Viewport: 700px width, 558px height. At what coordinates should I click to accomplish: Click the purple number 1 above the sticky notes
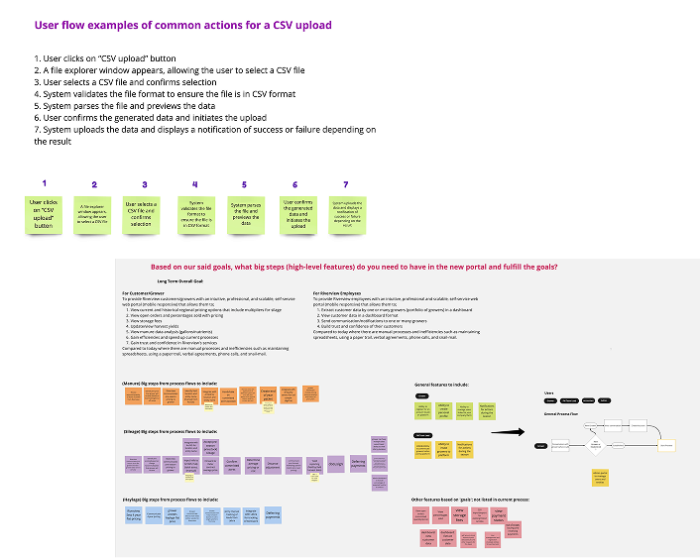click(x=45, y=183)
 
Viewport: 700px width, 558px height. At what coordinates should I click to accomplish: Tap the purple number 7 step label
click(x=346, y=184)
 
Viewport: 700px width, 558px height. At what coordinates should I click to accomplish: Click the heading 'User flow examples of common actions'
click(x=182, y=26)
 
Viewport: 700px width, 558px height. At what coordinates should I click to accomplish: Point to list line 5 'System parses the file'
click(x=125, y=105)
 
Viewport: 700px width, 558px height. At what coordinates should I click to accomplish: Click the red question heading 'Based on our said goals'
click(x=353, y=267)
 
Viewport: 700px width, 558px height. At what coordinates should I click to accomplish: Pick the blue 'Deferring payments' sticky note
click(x=273, y=515)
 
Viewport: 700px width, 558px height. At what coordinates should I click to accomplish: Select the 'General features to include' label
click(x=442, y=384)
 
